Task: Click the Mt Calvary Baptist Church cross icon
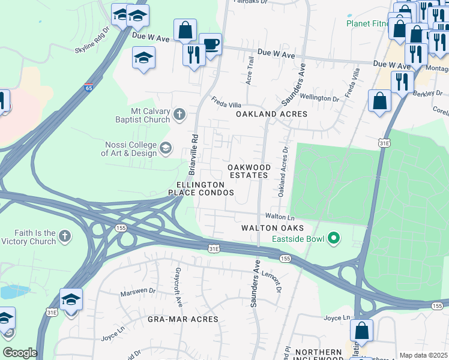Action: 178,114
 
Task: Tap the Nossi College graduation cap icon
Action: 165,148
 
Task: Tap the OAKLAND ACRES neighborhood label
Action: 271,113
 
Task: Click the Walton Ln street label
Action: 280,216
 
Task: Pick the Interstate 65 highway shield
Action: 88,87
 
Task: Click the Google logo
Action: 20,353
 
